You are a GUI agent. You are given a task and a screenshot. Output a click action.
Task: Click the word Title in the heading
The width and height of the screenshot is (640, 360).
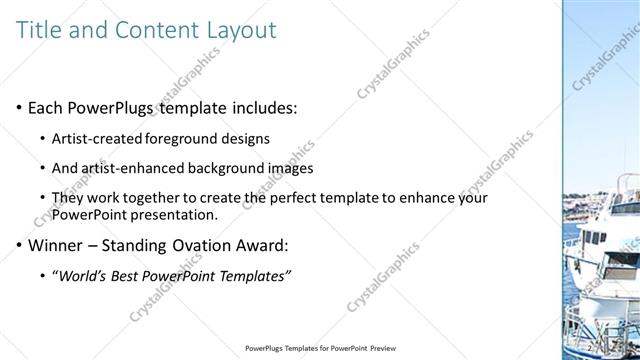40,29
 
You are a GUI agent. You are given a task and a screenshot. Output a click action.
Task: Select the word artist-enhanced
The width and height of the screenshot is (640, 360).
129,168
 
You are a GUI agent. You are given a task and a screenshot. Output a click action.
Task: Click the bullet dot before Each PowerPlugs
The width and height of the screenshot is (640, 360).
19,107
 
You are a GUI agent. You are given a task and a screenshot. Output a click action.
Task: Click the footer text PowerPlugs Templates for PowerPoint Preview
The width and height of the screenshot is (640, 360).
320,349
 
